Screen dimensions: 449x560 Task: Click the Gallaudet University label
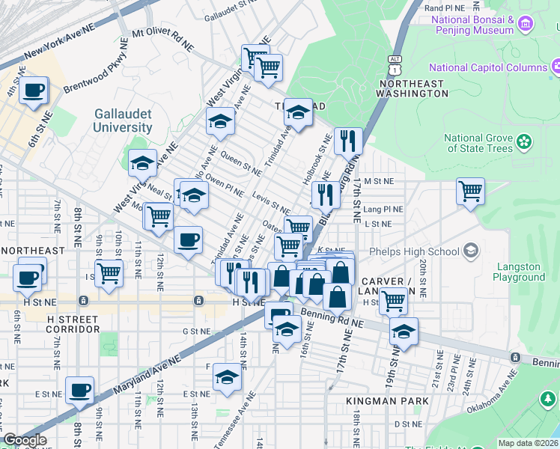[123, 120]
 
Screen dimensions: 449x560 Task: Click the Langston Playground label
[519, 272]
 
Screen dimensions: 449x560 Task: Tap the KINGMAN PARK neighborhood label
[387, 401]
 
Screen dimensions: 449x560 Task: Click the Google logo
[25, 440]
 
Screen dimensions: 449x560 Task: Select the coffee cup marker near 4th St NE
[33, 91]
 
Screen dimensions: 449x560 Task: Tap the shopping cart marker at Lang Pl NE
[470, 192]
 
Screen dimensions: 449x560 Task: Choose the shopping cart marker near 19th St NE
[393, 302]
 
